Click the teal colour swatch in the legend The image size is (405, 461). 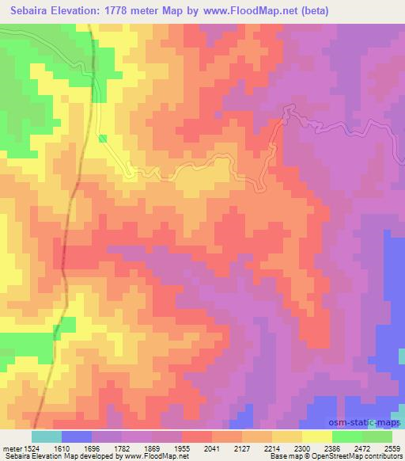click(46, 436)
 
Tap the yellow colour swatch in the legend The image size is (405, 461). click(316, 436)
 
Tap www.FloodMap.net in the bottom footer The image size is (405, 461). click(152, 457)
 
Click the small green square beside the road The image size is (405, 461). click(103, 138)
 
